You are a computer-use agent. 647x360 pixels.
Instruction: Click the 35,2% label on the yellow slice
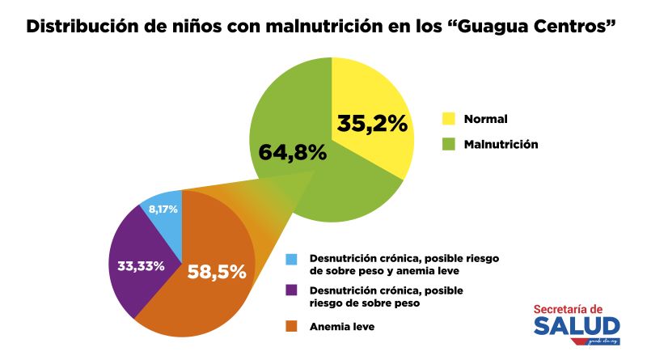(372, 125)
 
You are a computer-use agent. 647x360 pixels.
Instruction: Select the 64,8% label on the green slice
(292, 151)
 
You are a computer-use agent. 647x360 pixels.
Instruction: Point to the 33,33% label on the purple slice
(137, 265)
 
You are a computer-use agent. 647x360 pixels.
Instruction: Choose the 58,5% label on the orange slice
(216, 272)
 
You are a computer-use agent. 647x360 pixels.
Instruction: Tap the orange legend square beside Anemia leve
(292, 327)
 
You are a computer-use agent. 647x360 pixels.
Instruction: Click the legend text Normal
(485, 119)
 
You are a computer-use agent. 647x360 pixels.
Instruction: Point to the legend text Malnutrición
(501, 145)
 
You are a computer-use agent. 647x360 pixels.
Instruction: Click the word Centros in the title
(571, 26)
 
